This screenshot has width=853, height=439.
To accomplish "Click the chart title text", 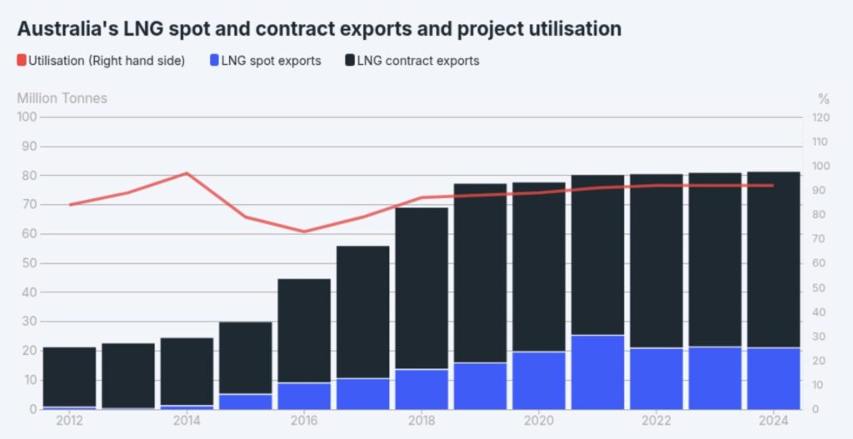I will click(x=319, y=28).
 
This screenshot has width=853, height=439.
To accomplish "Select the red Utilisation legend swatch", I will click(x=22, y=61).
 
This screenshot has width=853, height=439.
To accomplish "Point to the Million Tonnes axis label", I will click(x=62, y=98).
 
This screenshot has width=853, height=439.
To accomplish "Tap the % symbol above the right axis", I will click(x=823, y=98).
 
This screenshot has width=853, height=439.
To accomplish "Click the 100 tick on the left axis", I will click(x=27, y=117).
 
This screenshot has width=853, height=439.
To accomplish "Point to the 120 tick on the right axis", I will click(x=821, y=117).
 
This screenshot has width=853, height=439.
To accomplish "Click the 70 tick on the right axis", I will click(x=819, y=239).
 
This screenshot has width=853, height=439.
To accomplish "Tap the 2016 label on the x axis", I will click(x=304, y=421).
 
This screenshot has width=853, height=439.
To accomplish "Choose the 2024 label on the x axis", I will click(x=773, y=421).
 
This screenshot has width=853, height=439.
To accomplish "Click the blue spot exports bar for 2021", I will click(x=597, y=372).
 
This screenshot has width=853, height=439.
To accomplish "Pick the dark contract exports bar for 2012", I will click(x=70, y=377).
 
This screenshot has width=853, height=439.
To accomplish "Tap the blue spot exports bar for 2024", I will click(x=773, y=378).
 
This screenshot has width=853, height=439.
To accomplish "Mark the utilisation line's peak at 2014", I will click(x=187, y=173).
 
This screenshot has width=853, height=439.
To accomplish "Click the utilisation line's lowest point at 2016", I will click(x=304, y=232).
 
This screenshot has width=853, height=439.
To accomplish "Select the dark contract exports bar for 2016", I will click(x=304, y=331).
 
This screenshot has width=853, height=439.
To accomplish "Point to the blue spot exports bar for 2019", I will click(x=480, y=386).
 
